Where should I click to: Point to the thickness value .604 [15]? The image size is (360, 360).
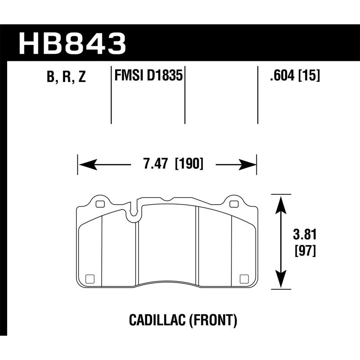pyautogui.click(x=293, y=76)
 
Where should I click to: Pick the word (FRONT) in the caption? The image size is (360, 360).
pyautogui.click(x=210, y=320)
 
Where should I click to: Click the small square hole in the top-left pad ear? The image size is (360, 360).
pyautogui.click(x=99, y=204)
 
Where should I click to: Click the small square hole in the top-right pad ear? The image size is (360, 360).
pyautogui.click(x=233, y=204)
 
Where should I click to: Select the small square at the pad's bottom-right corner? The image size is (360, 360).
pyautogui.click(x=245, y=278)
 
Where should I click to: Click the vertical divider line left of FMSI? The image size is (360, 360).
pyautogui.click(x=111, y=95)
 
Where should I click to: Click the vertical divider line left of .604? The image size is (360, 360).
pyautogui.click(x=257, y=95)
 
